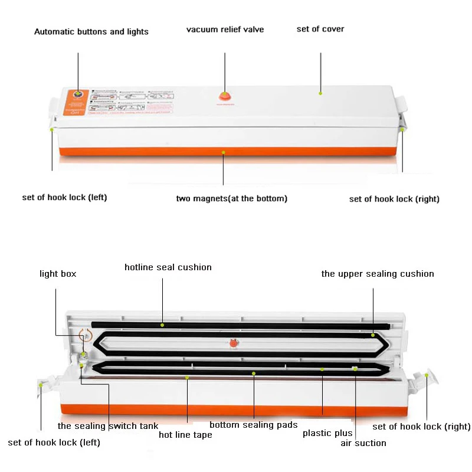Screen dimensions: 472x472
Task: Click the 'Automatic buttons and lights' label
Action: (x=91, y=32)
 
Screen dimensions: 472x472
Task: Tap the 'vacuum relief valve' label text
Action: (x=225, y=29)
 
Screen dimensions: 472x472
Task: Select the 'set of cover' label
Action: (x=320, y=29)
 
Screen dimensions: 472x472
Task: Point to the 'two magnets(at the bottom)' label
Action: (x=231, y=198)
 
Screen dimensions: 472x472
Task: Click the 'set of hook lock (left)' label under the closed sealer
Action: (x=64, y=197)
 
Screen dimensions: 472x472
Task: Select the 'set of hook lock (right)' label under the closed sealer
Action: (x=394, y=199)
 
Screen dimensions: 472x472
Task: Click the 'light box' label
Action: (x=58, y=274)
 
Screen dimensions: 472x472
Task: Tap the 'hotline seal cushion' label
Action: (x=168, y=267)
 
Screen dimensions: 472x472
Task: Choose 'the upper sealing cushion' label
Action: (x=377, y=274)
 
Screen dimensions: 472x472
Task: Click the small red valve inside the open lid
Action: (x=233, y=343)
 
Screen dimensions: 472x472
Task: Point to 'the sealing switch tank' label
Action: (x=107, y=425)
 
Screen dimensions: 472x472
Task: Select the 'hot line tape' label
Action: (x=185, y=435)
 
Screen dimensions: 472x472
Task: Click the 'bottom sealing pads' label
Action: (x=253, y=425)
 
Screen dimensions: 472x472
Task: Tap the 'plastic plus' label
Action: (x=327, y=433)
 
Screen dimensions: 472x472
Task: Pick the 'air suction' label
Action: (x=363, y=442)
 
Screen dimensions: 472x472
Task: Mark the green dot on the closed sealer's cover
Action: (x=321, y=92)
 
